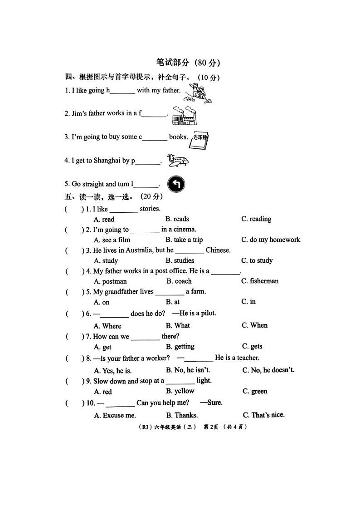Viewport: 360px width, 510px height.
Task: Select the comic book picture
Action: pos(199,141)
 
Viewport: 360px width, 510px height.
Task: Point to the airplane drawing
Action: pos(178,160)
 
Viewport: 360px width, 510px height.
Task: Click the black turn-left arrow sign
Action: pos(176,184)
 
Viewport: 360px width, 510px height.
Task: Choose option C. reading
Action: pos(256,219)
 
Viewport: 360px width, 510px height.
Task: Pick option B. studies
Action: pos(180,260)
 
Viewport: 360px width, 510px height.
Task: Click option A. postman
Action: pos(110,281)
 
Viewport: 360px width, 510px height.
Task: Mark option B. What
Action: pos(178,325)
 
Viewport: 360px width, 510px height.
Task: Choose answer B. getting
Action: pos(180,347)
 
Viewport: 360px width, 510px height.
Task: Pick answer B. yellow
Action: pos(180,391)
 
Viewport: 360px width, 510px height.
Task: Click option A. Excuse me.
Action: pos(115,415)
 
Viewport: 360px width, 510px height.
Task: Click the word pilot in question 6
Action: pos(208,313)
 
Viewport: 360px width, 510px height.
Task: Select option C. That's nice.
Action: pos(263,415)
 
